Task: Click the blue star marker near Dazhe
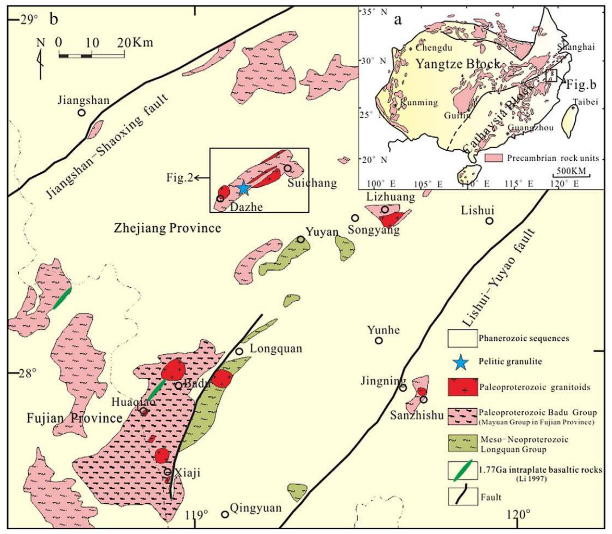243,188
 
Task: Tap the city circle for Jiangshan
82,113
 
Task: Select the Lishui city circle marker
490,221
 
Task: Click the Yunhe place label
383,330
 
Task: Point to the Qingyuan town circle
225,514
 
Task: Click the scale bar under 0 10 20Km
92,56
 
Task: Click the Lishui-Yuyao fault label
499,277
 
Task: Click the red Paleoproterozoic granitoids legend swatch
463,387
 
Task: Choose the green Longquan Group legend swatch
463,443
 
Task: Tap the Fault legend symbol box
463,496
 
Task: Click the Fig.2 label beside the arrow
179,177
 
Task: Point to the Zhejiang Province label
167,228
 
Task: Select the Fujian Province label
75,418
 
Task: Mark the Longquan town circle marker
239,351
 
